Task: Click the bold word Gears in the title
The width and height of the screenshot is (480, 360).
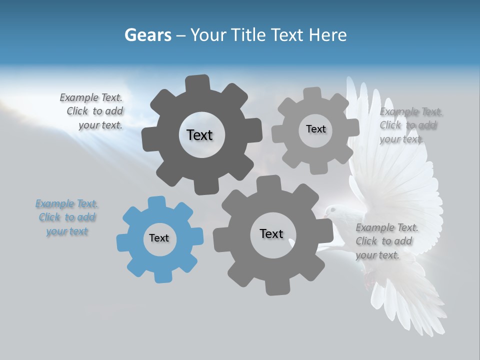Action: tap(147, 35)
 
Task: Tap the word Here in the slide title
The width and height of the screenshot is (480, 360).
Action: tap(328, 35)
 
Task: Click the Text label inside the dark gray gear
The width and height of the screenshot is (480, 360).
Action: tap(199, 135)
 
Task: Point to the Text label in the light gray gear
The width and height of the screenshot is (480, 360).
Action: tap(315, 129)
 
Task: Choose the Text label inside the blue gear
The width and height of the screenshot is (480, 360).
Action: tap(159, 238)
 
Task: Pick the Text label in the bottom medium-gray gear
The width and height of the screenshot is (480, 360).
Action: tap(271, 233)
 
